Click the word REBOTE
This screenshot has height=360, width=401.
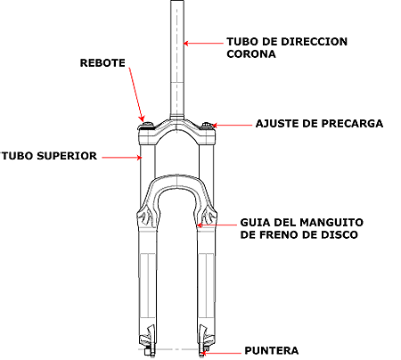[x=102, y=63]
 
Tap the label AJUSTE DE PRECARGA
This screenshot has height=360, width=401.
[x=319, y=124]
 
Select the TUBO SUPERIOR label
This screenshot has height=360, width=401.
[x=49, y=156]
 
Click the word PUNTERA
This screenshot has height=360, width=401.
[x=272, y=350]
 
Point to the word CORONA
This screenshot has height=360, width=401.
[x=251, y=54]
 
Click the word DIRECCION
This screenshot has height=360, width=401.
[x=315, y=42]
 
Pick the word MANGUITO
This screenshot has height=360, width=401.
[x=331, y=223]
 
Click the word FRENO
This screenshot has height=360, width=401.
[x=282, y=235]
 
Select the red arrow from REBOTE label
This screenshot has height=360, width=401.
[x=137, y=94]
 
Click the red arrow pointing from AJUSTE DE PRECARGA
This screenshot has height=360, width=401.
[x=232, y=126]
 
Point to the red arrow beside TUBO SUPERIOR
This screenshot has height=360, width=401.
[x=122, y=158]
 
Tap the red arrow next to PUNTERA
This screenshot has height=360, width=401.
[x=221, y=353]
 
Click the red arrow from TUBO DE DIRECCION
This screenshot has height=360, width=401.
[x=203, y=44]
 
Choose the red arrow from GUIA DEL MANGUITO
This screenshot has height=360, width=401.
[x=217, y=225]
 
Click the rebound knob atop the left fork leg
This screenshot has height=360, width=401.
[x=147, y=125]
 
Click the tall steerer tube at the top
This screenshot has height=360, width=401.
[x=177, y=60]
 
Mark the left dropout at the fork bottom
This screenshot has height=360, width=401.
[x=149, y=340]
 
